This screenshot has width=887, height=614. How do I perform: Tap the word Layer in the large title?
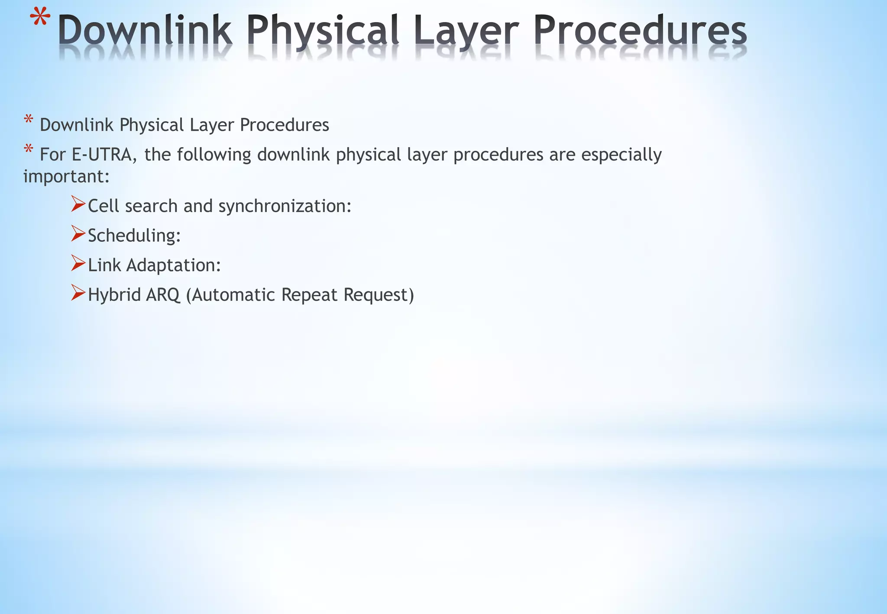click(466, 31)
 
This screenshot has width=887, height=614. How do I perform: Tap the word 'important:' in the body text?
click(66, 177)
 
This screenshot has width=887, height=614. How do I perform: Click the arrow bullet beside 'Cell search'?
click(78, 204)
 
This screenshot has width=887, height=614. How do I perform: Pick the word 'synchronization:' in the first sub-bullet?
click(285, 206)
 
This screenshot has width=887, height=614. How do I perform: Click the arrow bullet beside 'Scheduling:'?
click(78, 233)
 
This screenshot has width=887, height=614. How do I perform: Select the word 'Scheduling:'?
click(134, 236)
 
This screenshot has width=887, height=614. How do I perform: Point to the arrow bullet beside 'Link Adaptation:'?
click(78, 263)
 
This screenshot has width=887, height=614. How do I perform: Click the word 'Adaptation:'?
click(173, 265)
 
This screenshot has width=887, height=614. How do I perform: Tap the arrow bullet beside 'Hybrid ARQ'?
click(78, 293)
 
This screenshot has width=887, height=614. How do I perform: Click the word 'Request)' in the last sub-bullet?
click(379, 295)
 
